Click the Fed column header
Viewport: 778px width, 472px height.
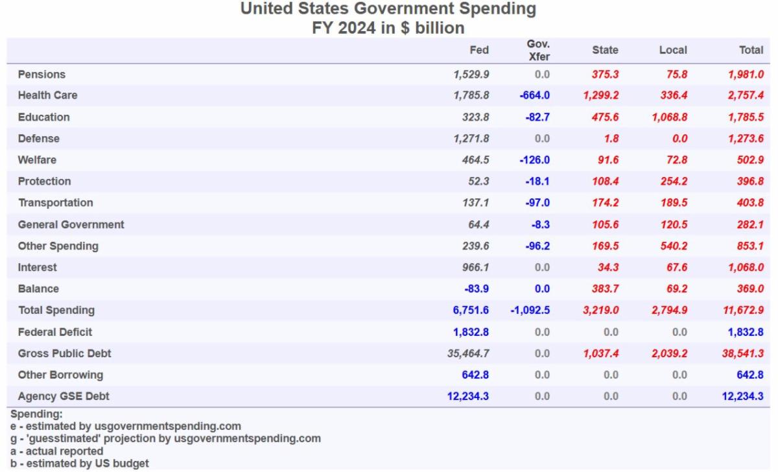point(479,50)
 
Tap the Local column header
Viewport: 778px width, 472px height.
point(673,50)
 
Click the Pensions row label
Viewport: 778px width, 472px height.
point(41,75)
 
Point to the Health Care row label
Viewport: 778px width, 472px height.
point(47,95)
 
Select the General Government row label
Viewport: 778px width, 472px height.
point(71,224)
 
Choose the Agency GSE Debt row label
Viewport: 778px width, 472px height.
point(60,396)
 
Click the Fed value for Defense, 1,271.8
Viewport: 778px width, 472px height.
point(471,138)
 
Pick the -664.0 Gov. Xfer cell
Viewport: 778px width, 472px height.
point(535,95)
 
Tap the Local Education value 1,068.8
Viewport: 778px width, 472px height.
point(669,117)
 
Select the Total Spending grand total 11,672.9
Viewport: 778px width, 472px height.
point(743,311)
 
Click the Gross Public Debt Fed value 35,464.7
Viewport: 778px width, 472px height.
point(468,353)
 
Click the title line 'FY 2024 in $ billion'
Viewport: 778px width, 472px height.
point(388,28)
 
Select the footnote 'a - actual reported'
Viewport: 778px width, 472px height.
point(57,451)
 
